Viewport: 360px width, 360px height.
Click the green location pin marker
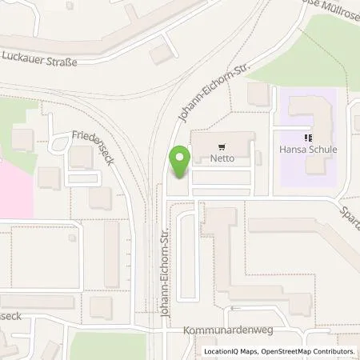[x=180, y=162]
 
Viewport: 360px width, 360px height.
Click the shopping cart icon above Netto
[x=221, y=146]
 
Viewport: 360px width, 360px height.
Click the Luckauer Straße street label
[x=41, y=58]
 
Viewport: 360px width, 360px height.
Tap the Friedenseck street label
[x=94, y=149]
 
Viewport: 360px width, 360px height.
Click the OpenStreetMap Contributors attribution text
[x=313, y=351]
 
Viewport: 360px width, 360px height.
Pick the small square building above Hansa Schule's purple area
[x=258, y=94]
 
